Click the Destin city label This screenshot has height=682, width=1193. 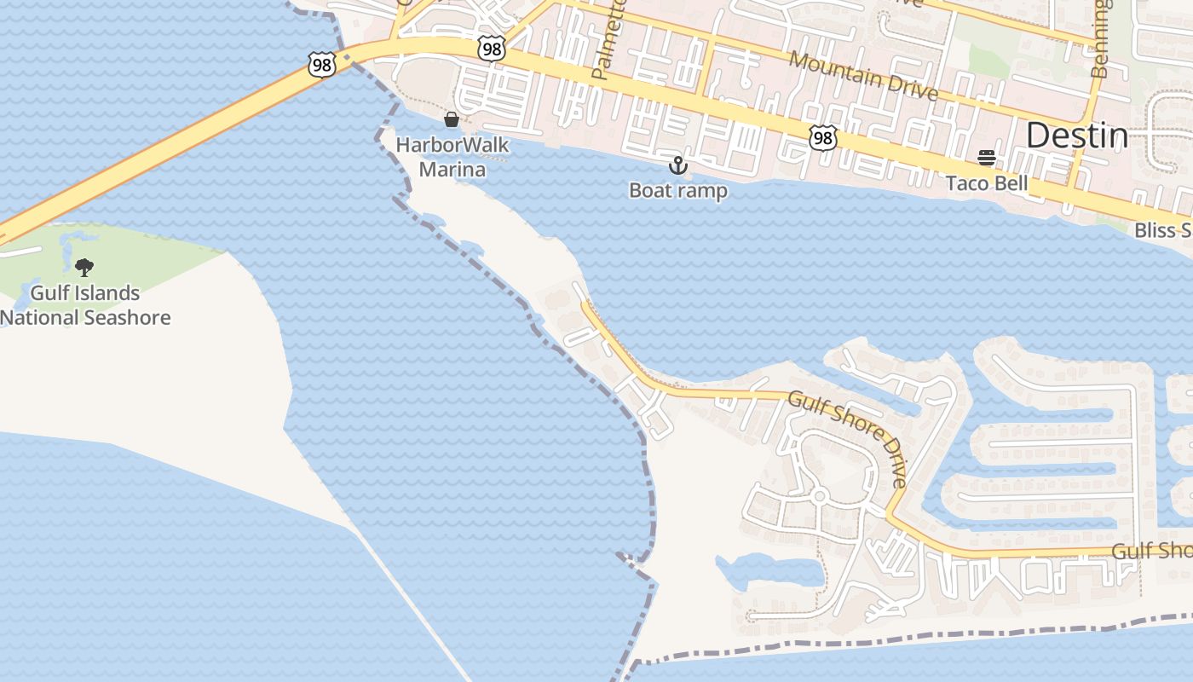coord(1076,136)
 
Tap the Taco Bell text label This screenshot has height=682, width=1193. coord(986,183)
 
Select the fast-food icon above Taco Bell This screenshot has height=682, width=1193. coord(987,158)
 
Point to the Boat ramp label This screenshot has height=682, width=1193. coord(678,190)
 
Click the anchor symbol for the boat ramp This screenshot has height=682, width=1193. coord(678,165)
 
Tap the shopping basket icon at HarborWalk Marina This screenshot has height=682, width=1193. coord(452,119)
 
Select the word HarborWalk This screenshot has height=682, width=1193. coord(452,145)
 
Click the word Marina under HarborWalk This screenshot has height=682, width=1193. coord(452,170)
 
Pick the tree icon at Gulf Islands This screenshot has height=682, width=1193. coord(84,268)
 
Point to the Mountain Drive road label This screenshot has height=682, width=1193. coord(862,75)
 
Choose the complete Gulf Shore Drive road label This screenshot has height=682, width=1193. coord(849,437)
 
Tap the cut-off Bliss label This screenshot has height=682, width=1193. coord(1163,230)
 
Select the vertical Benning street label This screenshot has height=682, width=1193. coord(1101,38)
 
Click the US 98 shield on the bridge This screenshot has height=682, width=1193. coord(322,65)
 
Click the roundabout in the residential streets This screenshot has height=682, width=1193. coord(819,495)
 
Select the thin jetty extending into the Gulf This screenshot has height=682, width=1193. coord(409,597)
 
